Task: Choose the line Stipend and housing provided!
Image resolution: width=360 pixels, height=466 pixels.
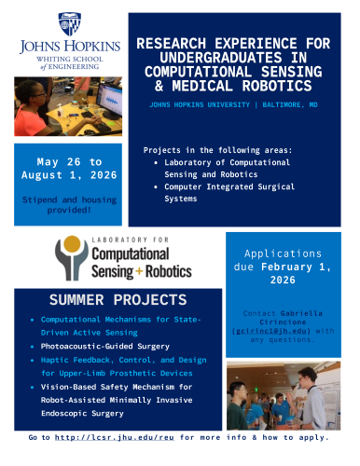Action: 66,206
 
